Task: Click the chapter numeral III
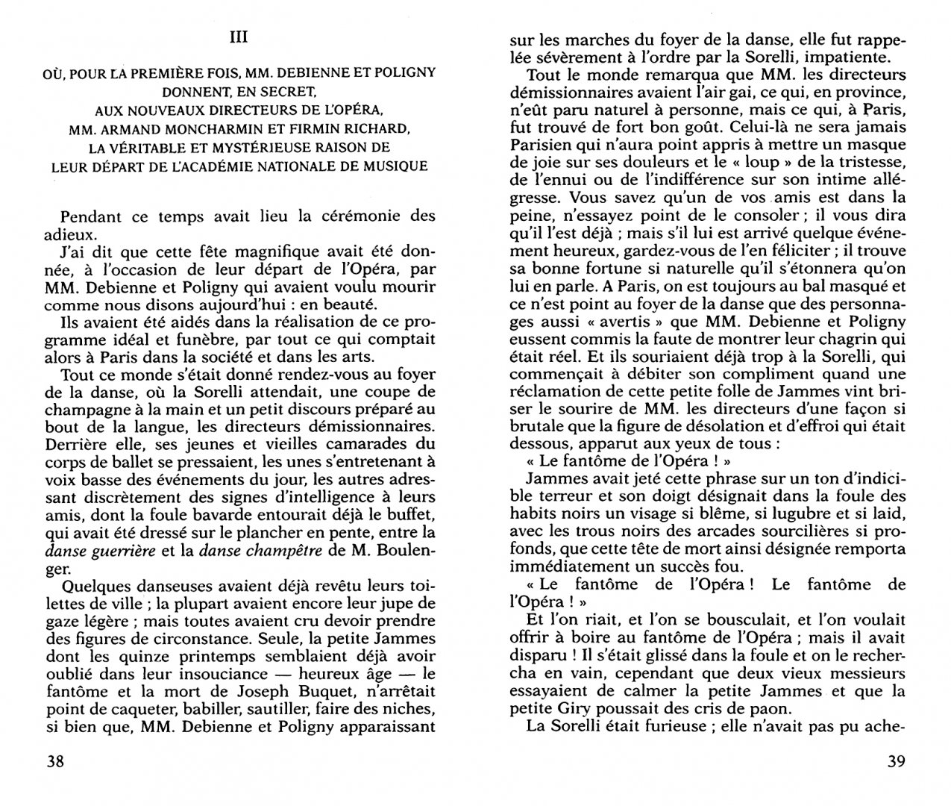(239, 38)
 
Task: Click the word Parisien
(539, 145)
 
